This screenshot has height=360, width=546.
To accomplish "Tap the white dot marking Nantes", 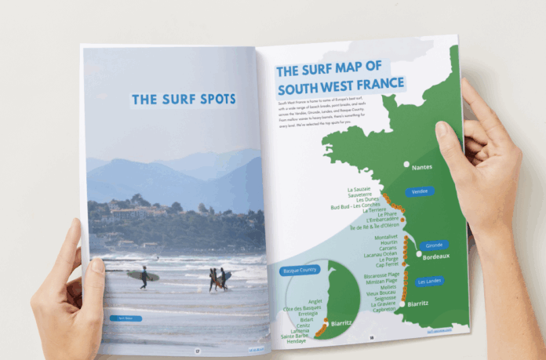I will [x=406, y=165].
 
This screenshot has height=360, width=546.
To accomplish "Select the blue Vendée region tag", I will [x=420, y=191].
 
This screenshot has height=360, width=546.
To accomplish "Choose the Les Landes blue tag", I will [x=429, y=282].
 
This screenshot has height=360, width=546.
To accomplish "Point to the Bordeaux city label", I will [x=435, y=256].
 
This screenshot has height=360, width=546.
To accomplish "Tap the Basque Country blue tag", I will [x=297, y=271].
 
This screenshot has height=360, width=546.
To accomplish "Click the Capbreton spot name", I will [x=380, y=309].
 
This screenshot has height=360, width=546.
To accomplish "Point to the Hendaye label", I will [x=296, y=341].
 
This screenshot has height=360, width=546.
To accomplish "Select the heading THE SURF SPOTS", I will [x=184, y=100].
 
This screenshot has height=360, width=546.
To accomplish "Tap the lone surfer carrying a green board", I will [x=144, y=277].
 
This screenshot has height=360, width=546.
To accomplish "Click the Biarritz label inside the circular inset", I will [x=340, y=323].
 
